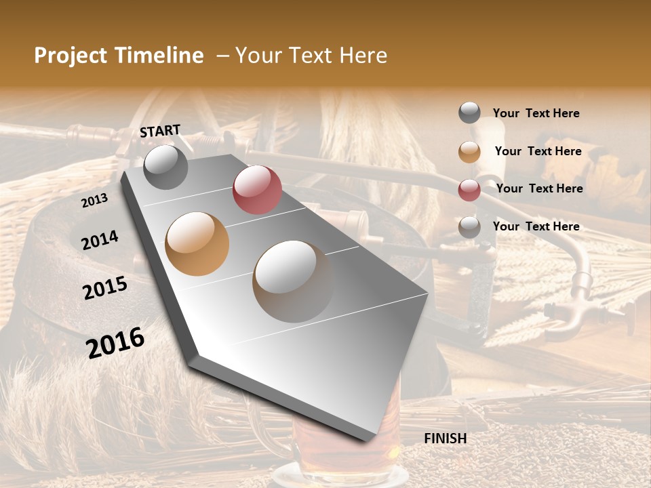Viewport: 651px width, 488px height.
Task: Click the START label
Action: (160, 131)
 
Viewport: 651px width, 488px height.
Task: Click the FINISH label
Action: (446, 439)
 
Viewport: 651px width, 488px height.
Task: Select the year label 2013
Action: (94, 201)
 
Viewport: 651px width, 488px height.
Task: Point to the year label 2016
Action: (115, 343)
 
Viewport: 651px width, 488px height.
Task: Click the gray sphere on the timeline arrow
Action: (166, 167)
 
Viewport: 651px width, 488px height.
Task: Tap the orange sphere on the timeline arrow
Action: (197, 244)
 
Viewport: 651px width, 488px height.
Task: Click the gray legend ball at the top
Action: (469, 113)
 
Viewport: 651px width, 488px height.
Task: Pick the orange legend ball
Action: (469, 152)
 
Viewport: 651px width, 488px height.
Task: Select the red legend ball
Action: (469, 190)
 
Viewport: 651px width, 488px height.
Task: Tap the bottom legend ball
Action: (469, 227)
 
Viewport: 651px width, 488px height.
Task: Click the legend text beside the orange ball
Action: (538, 151)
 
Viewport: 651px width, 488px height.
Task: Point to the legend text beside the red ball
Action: (540, 188)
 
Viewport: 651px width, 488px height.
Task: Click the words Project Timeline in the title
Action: (119, 56)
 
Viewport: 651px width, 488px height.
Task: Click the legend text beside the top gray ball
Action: (536, 113)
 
